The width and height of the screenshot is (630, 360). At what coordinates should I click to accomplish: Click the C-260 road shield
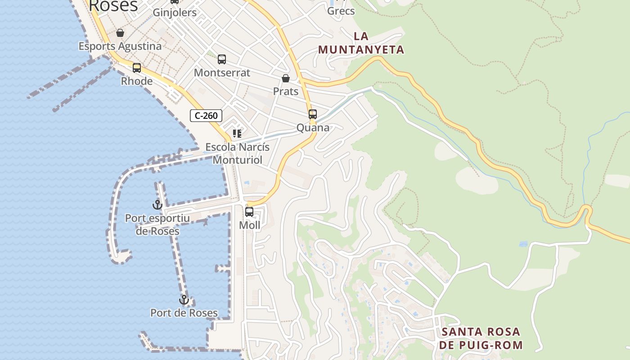(206, 116)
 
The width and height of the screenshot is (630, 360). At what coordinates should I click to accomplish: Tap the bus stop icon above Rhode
(137, 68)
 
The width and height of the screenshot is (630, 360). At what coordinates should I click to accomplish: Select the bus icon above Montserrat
(222, 59)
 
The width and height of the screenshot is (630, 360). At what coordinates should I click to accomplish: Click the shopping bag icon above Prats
(286, 79)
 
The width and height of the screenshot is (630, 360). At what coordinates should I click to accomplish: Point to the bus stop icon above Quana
(313, 114)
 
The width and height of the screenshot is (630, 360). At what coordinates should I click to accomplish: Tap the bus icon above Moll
(249, 211)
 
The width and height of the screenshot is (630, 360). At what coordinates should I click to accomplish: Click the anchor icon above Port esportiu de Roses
(157, 205)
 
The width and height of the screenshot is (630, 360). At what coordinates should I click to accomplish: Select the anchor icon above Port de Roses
(184, 300)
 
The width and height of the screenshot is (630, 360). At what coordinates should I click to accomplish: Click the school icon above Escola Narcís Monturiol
(237, 134)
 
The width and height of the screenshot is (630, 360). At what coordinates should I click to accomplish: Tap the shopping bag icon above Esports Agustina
(120, 33)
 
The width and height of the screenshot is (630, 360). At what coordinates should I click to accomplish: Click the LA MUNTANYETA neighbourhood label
(361, 43)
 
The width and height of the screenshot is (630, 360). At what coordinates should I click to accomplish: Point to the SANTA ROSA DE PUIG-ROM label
(481, 338)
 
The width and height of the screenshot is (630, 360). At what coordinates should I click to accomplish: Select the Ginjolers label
(175, 12)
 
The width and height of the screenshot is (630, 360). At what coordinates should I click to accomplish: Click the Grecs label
(341, 11)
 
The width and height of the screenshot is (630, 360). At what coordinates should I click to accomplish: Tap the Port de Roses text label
(184, 313)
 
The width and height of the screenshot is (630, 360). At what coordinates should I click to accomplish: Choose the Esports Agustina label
(120, 46)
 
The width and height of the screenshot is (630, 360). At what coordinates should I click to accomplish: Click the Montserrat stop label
(222, 72)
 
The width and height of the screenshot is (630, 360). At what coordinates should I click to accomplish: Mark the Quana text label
(313, 127)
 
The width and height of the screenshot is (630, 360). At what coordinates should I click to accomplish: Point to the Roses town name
(113, 6)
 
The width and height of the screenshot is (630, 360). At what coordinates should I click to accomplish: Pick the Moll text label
(249, 225)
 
